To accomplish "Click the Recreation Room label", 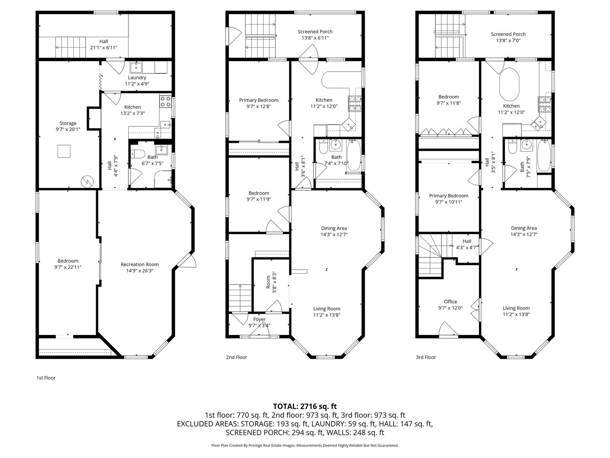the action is coord(139,265).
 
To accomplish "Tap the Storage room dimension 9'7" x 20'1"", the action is coord(68,129).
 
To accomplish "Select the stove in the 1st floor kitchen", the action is coord(165,101).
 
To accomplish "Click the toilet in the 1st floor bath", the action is coord(138,154).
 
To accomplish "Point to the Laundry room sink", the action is coord(136,67).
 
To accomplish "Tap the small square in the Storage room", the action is coord(64,151).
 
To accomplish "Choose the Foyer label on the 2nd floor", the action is coord(259,319).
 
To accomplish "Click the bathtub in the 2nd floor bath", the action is coord(354,156).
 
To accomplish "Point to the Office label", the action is coord(450,302).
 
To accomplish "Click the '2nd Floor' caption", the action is coord(236,357).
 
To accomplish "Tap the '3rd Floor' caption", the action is coord(426,357).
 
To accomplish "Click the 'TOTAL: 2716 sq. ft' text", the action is coord(305,407).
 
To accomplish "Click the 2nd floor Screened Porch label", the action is coord(315,32).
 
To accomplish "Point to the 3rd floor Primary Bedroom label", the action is coord(449,196).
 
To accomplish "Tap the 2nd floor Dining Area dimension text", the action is coord(334,235).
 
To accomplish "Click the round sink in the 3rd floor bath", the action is coord(526,144).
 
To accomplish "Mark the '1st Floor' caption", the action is coord(46,378).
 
